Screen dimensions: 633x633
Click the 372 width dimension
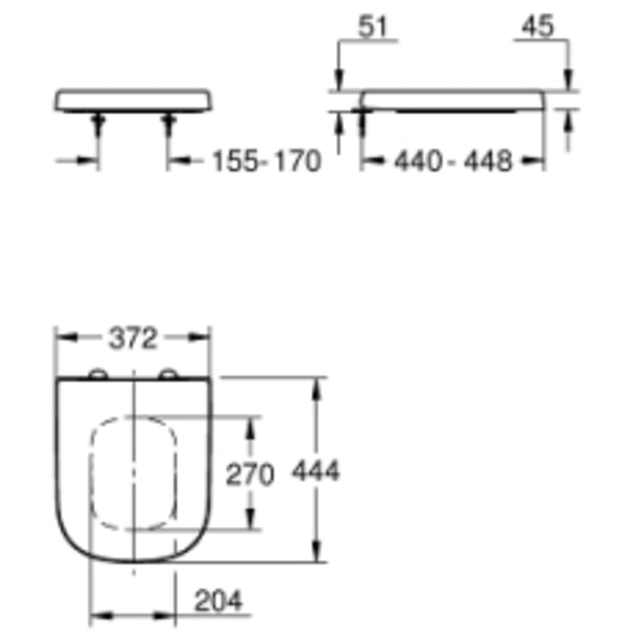point(133,339)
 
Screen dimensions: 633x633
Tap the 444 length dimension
point(316,471)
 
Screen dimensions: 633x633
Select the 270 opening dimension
point(250,473)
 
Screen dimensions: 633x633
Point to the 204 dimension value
point(216,600)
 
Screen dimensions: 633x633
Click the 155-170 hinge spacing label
point(265,160)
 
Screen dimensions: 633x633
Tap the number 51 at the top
point(373,28)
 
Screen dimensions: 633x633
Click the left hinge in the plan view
point(99,374)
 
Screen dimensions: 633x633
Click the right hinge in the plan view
point(169,374)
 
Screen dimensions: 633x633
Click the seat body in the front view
point(133,98)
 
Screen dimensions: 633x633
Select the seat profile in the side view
point(453,100)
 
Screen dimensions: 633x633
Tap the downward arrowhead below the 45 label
point(567,81)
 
